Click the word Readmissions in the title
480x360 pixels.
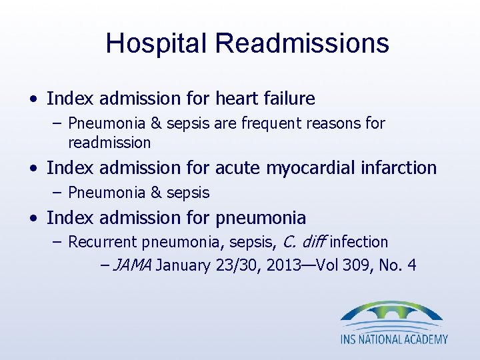tap(302, 43)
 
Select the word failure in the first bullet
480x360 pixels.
tap(291, 99)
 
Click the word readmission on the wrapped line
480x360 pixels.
tap(109, 143)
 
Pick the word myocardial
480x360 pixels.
tap(306, 167)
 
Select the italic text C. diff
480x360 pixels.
tap(305, 242)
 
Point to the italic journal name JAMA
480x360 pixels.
tap(133, 265)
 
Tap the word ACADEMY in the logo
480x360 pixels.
tap(424, 339)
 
